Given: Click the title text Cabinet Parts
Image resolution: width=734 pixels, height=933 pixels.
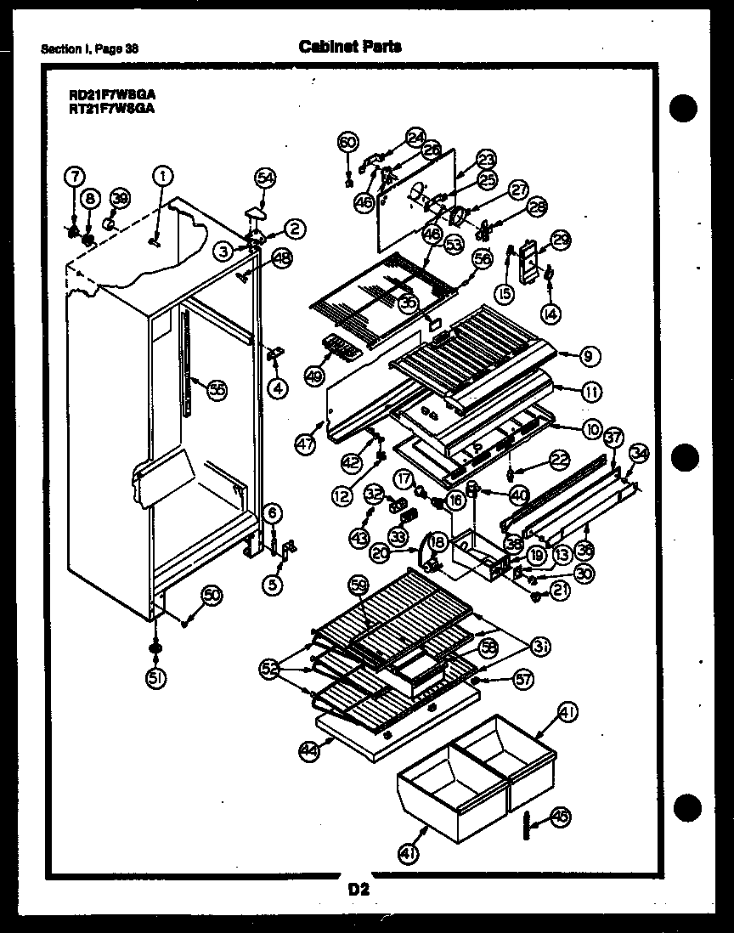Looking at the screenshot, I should pos(350,47).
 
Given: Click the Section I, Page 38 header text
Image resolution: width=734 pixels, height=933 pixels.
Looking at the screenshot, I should pos(90,48).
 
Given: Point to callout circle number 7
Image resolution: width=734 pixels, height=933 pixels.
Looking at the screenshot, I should pos(75,176).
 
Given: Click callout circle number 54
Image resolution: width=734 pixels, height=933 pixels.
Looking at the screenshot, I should pos(265,178).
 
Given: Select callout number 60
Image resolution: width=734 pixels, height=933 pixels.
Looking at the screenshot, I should pos(347,142).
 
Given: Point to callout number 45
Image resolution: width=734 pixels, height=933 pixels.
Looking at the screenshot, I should pos(560,817).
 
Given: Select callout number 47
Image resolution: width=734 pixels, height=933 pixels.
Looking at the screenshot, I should pos(305,444).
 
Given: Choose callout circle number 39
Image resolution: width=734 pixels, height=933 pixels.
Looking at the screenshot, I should pos(121,198).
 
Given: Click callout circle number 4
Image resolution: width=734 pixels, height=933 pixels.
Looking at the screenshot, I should pos(277,388).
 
